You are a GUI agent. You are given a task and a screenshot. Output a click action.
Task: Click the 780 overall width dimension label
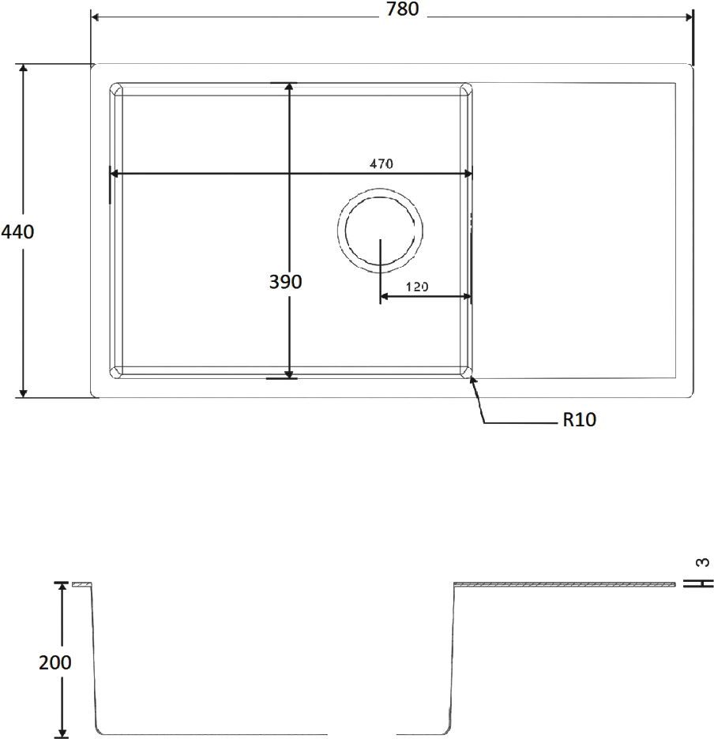coord(402,9)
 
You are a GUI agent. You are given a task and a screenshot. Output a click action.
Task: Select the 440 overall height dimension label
coord(17,232)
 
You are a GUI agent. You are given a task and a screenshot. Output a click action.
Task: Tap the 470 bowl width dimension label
coord(381,163)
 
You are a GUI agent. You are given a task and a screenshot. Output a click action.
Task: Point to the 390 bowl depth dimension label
coord(285,282)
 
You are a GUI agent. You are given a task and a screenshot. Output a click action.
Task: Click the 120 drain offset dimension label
coord(417,287)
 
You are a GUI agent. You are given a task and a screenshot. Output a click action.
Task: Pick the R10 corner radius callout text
coord(579,420)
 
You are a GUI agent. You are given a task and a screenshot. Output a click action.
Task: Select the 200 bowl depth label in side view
coord(54,662)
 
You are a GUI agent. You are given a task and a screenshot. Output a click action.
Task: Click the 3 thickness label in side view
coord(702,563)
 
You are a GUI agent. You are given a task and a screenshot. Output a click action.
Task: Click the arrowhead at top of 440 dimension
coord(24,69)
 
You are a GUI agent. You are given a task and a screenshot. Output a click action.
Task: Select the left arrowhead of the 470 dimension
coord(115,174)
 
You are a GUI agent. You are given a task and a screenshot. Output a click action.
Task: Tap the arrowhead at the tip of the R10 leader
coord(473,381)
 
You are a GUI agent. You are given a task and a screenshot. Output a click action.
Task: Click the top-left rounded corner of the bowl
coord(116,89)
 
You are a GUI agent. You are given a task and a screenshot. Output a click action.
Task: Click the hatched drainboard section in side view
coord(565,585)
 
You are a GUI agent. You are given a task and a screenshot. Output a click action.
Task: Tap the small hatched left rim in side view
coord(81,585)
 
